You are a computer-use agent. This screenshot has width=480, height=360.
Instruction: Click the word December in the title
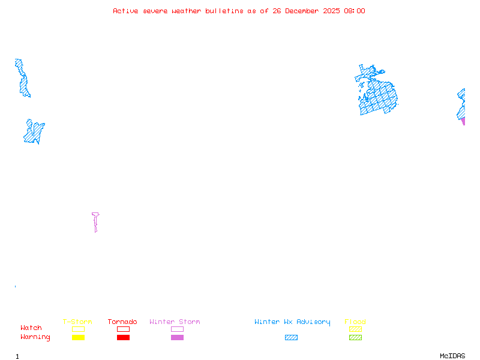pyautogui.click(x=302, y=11)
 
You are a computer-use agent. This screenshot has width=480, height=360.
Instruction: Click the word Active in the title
pyautogui.click(x=125, y=11)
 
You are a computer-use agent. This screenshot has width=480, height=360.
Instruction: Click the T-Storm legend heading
pyautogui.click(x=77, y=322)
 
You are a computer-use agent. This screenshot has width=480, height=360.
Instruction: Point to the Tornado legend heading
pyautogui.click(x=122, y=322)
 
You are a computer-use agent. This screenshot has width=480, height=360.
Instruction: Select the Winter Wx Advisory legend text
pyautogui.click(x=292, y=322)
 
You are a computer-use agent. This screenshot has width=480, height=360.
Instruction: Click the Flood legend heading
pyautogui.click(x=355, y=322)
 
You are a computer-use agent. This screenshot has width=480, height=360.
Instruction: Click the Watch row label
pyautogui.click(x=31, y=328)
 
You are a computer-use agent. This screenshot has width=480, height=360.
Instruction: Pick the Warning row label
pyautogui.click(x=35, y=337)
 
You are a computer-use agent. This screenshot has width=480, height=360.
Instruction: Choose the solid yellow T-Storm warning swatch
pyautogui.click(x=78, y=338)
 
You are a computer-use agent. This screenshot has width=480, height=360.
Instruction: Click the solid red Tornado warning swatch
pyautogui.click(x=123, y=338)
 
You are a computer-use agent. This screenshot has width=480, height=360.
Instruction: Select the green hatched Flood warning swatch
pyautogui.click(x=355, y=338)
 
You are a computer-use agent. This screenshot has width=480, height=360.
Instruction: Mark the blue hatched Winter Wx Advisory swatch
pyautogui.click(x=291, y=338)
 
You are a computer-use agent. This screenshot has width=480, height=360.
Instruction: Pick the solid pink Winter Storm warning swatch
pyautogui.click(x=177, y=338)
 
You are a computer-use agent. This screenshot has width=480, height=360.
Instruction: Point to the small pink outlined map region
pyautogui.click(x=95, y=220)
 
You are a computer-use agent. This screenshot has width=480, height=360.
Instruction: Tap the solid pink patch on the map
pyautogui.click(x=463, y=121)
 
